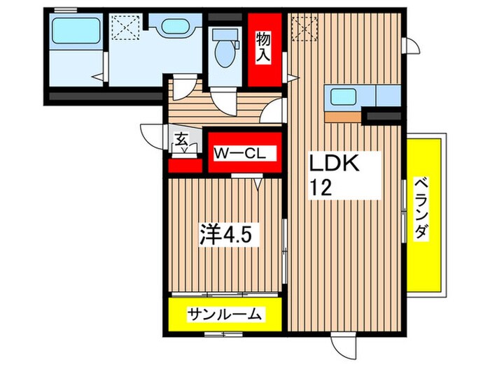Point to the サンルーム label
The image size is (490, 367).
pos(224,315)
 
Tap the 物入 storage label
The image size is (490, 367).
pos(264,47)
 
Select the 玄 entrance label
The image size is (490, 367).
pos(181,139)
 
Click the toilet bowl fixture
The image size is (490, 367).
pos(225,50)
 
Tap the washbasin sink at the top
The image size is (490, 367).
pos(171,29)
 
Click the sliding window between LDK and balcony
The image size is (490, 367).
pos(405,210)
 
